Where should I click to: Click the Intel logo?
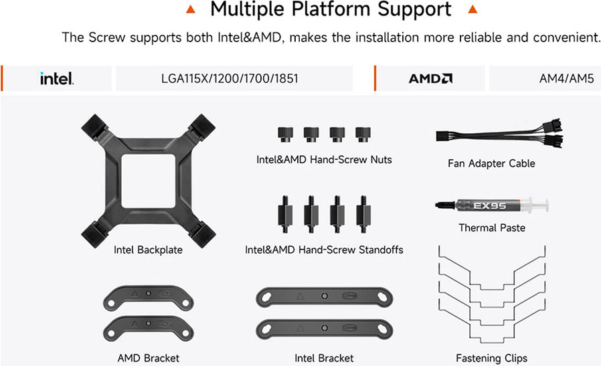57,78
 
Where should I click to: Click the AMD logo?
430,78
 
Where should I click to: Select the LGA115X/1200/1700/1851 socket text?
230,78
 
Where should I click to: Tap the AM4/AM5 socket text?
566,78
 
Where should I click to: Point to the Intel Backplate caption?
148,250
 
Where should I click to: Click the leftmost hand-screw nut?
285,134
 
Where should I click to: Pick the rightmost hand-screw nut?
363,134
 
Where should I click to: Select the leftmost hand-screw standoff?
285,214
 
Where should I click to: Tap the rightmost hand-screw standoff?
363,214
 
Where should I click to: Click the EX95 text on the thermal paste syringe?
489,206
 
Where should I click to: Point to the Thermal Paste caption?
492,227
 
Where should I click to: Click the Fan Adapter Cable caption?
491,163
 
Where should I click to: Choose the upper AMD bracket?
149,298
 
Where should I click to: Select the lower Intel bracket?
325,329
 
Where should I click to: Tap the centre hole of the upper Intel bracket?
325,296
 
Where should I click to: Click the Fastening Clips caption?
491,358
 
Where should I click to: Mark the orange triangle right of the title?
473,9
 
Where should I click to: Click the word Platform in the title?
331,9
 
